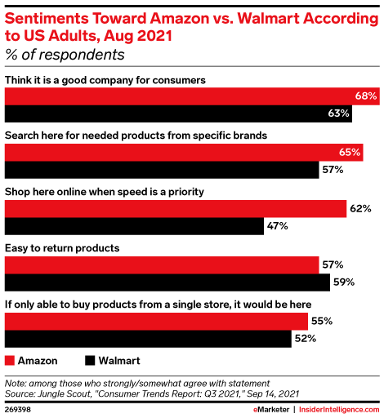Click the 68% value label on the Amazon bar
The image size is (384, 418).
click(365, 96)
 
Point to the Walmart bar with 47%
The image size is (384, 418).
click(134, 225)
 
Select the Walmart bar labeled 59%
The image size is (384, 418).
click(167, 282)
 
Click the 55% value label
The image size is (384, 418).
click(320, 321)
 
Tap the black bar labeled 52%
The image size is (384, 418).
click(148, 338)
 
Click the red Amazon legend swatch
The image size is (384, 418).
click(10, 360)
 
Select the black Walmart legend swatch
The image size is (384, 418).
click(90, 360)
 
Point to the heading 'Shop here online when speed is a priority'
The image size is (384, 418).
click(104, 191)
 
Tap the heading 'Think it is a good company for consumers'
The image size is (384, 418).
click(104, 79)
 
